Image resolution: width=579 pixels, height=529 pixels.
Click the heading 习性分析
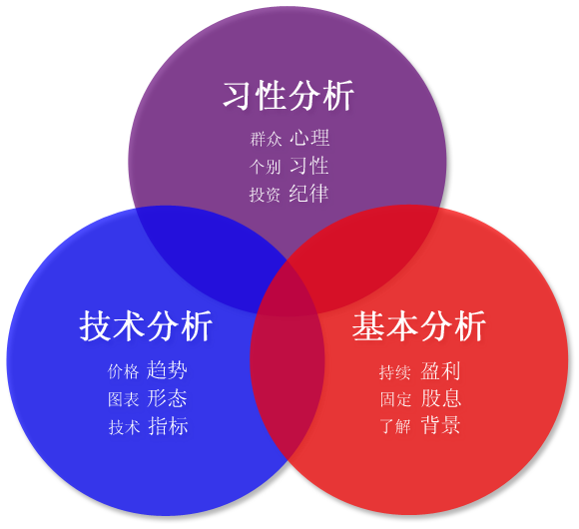coord(289,96)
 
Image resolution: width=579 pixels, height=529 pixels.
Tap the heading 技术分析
coord(146,325)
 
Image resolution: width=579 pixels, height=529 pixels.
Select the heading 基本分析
coord(418,326)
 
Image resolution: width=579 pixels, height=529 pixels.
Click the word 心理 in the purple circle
coord(309,138)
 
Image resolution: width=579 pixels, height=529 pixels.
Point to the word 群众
coord(266,139)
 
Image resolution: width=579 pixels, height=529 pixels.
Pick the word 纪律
coord(308,193)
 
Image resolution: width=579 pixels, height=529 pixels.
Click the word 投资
coord(265,195)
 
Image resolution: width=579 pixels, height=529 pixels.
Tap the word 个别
coord(266,167)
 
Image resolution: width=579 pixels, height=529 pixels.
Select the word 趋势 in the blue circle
coord(167,370)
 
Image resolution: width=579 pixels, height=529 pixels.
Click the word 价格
coord(124,371)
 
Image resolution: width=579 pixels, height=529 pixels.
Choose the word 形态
coord(167,398)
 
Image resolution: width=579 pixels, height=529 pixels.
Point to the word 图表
coord(124,399)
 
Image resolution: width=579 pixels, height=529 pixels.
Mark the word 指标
coord(168,425)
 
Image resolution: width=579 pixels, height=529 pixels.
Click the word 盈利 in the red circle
coord(440,370)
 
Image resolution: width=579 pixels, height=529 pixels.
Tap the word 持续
coord(395,372)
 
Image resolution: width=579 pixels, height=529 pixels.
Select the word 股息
coord(441,398)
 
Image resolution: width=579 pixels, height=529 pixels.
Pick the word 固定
coord(395,399)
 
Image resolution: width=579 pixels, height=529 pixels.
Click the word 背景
coord(440,425)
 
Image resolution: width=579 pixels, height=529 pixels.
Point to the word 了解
coord(395,426)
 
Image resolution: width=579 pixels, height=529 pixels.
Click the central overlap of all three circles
coord(289,291)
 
